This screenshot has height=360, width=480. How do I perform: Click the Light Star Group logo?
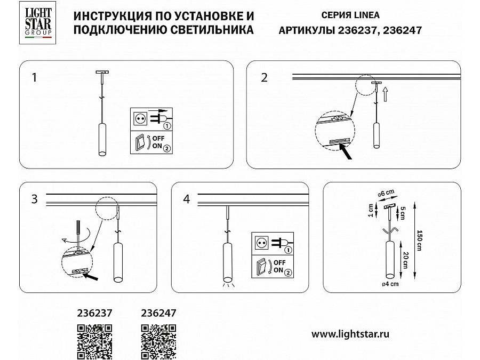coord(38,22)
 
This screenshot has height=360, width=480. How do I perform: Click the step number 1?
coord(34,77)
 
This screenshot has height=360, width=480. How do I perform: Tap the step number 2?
coord(264,77)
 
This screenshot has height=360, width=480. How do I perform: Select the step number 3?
coord(34,199)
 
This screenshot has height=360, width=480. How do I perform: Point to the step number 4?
coord(187,199)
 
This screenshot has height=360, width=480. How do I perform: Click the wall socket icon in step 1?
coord(140,119)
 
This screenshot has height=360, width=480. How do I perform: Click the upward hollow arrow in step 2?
coord(386,94)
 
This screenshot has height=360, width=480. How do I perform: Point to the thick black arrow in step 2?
coord(346,152)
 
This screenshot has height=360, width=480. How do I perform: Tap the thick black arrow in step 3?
coord(91,277)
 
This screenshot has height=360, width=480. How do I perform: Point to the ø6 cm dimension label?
coord(386,193)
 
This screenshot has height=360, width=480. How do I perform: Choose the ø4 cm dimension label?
coord(390,284)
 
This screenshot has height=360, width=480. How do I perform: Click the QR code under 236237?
coord(94,342)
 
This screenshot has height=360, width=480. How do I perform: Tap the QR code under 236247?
coord(158,342)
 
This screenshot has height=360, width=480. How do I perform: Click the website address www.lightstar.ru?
coord(350,334)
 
